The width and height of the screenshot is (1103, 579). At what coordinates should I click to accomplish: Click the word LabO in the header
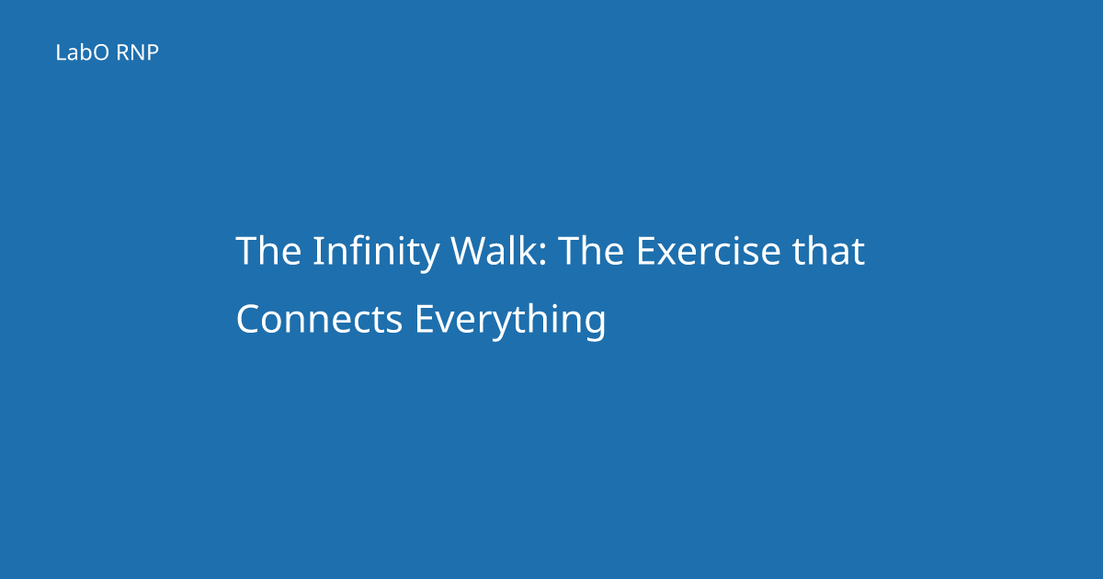tap(82, 52)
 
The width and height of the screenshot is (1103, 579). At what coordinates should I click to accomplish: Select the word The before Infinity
tap(268, 250)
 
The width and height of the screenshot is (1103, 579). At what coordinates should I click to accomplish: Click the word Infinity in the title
tap(376, 253)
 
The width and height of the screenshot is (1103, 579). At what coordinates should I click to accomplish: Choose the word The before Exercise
tap(591, 250)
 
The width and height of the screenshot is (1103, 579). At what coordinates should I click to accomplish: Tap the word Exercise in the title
tap(709, 250)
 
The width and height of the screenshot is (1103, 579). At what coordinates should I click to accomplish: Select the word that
tap(828, 250)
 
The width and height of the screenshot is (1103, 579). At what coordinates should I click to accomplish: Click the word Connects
tap(320, 319)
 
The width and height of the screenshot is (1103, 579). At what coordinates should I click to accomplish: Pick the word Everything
tap(510, 321)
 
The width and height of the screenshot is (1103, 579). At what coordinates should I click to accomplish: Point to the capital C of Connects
tap(249, 319)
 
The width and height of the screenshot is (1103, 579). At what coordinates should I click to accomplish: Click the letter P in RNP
tap(153, 52)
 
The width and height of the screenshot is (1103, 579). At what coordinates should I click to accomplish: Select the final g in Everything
tap(595, 327)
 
